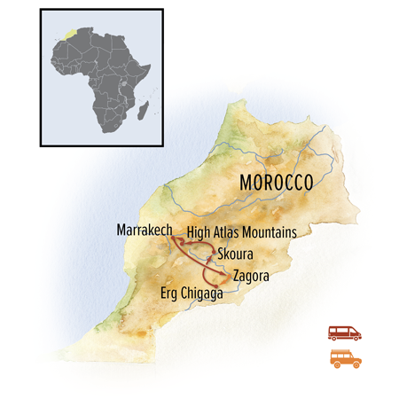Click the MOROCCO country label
(278, 184)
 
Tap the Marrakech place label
(144, 231)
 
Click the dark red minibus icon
(344, 332)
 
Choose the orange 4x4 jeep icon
(344, 358)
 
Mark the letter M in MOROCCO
(246, 184)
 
